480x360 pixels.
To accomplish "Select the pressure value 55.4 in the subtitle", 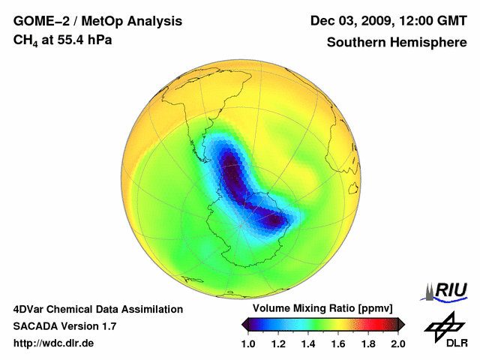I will (69, 40).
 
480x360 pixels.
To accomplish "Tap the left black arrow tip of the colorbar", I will (244, 323).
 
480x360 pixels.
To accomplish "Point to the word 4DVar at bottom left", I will (29, 309).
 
